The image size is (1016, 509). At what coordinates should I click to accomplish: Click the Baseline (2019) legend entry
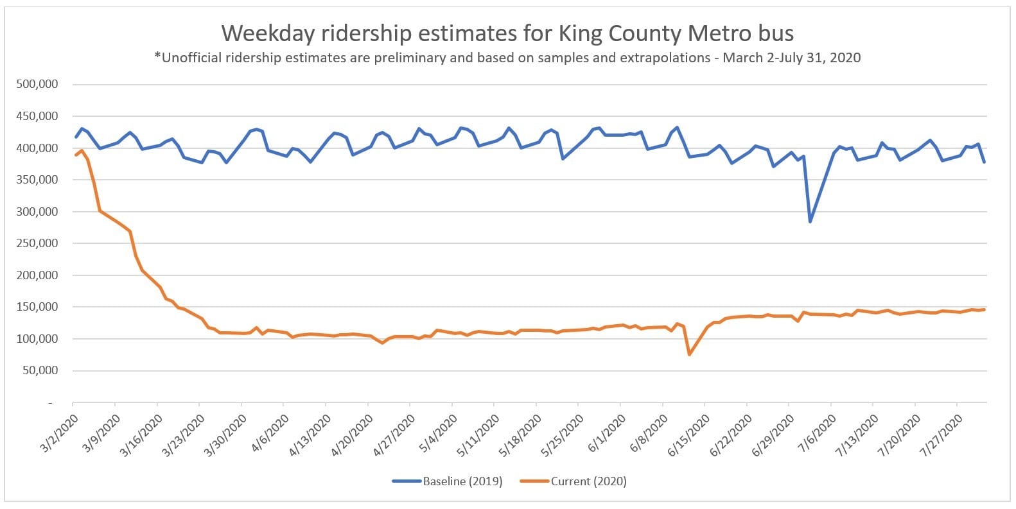point(462,481)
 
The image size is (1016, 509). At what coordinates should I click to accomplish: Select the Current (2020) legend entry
point(588,481)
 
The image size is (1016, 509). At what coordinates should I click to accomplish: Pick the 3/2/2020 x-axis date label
point(60,433)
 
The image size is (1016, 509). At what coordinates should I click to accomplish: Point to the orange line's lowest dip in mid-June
point(689,354)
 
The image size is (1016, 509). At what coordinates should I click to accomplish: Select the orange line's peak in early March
point(82,150)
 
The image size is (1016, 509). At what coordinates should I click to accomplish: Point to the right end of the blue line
point(985,162)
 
